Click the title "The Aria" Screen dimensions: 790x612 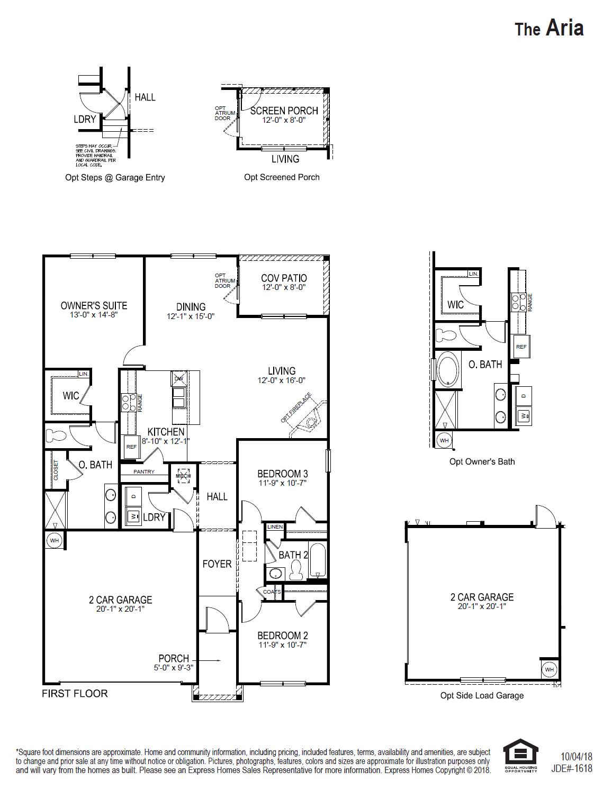(x=549, y=28)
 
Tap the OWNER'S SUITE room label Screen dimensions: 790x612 (x=94, y=305)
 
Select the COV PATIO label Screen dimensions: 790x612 (x=284, y=278)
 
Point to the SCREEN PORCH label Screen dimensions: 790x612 (x=284, y=111)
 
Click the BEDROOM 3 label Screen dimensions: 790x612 (x=282, y=474)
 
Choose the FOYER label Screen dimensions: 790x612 (x=217, y=564)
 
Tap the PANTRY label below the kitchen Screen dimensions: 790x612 (x=144, y=471)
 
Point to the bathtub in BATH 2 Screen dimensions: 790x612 (x=318, y=561)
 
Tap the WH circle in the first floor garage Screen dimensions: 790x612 (x=53, y=540)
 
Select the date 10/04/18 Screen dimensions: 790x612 (x=576, y=757)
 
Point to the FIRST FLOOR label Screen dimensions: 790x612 (x=75, y=693)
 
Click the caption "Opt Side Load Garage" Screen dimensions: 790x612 (x=482, y=695)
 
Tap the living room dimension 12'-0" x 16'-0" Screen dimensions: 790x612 (x=282, y=380)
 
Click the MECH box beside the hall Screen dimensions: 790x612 (x=183, y=476)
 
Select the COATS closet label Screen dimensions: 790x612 (x=272, y=592)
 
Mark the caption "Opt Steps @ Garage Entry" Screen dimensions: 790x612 (x=115, y=177)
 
